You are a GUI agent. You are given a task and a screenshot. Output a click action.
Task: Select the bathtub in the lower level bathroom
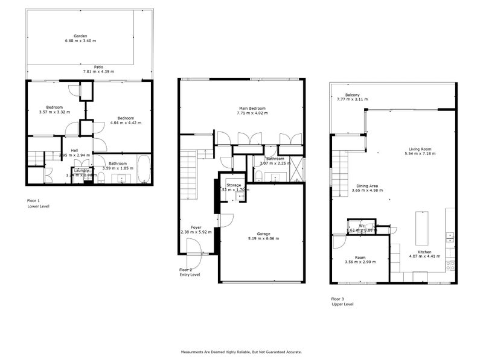pyautogui.click(x=143, y=170)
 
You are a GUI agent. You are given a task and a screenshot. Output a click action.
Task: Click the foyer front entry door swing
pyautogui.click(x=194, y=246)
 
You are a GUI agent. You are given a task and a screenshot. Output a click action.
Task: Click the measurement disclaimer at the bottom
pyautogui.click(x=241, y=351)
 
